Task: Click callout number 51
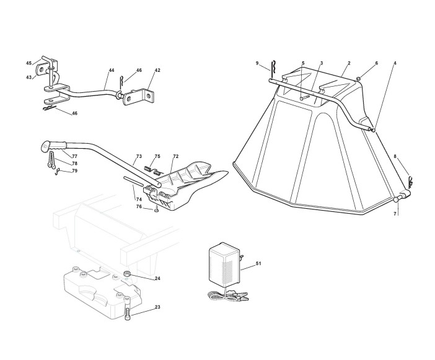click(259, 265)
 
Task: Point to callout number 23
click(157, 307)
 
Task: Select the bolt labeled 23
click(128, 314)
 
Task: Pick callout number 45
click(29, 63)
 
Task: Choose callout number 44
click(112, 71)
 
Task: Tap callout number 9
click(257, 63)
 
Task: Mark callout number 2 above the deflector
click(349, 63)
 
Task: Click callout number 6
click(376, 63)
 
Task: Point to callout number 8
click(395, 157)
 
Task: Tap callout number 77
click(74, 156)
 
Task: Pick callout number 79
click(74, 171)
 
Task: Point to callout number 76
click(139, 206)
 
